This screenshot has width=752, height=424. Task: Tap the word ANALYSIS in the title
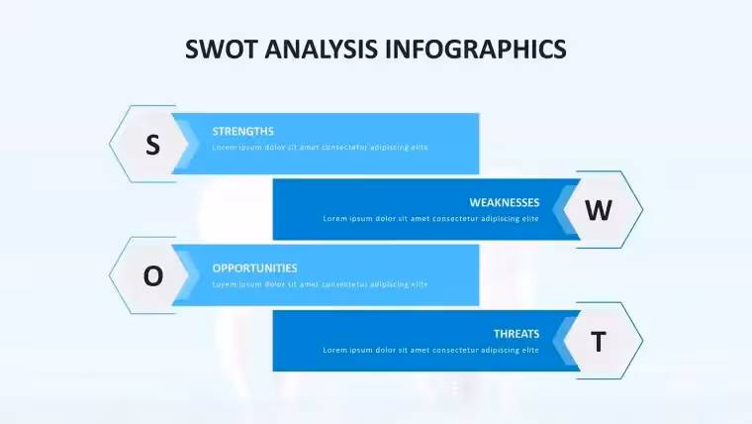click(x=322, y=49)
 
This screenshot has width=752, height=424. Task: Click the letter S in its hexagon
click(x=152, y=145)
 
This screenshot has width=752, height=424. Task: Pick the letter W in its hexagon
click(x=598, y=210)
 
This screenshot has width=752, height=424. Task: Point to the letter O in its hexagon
click(x=153, y=276)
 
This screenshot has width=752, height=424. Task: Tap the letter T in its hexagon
click(x=598, y=342)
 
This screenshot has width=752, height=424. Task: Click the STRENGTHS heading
click(x=243, y=132)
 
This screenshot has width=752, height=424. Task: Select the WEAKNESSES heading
click(x=505, y=203)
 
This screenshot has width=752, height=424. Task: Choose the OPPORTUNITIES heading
click(x=254, y=268)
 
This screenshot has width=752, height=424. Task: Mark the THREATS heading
click(x=517, y=334)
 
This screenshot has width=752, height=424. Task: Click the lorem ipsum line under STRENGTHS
click(x=320, y=148)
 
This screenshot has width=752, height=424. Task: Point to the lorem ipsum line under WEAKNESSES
click(x=430, y=219)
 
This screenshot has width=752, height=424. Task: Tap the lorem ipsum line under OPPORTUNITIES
click(x=320, y=284)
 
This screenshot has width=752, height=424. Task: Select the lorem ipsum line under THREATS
click(x=430, y=350)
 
